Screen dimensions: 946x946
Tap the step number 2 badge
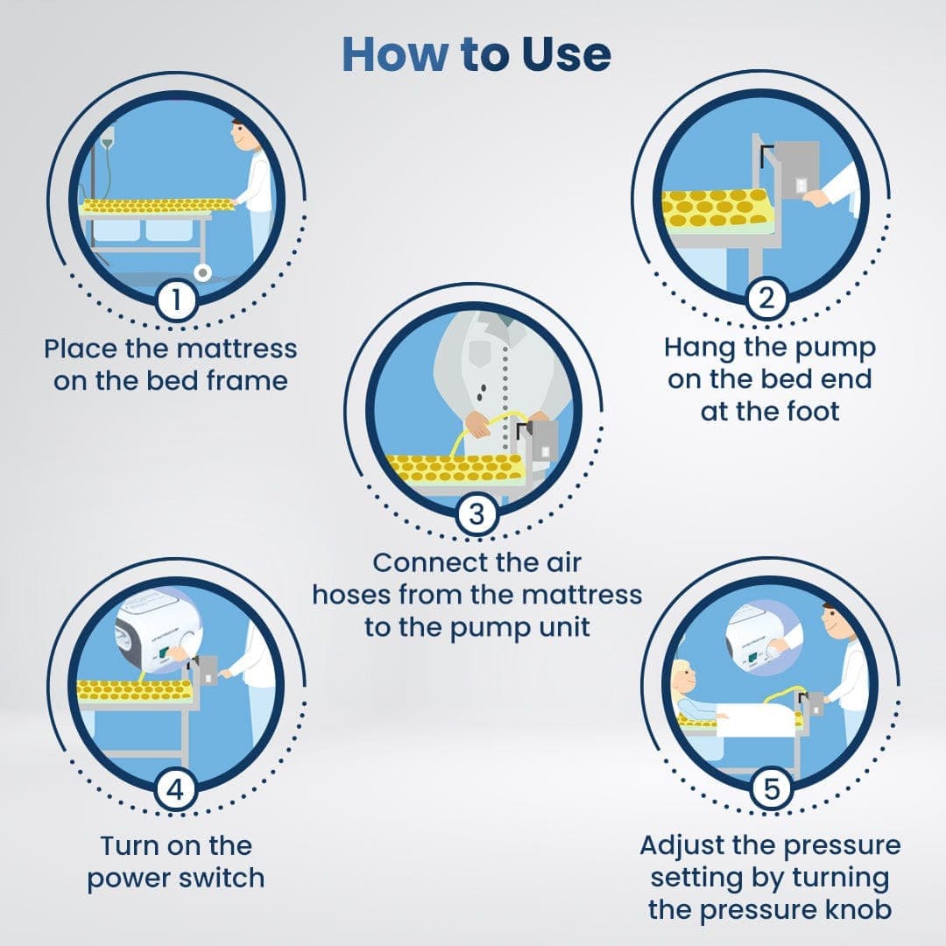pos(766,300)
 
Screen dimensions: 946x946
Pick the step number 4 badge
pos(175,790)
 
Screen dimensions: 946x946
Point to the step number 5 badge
pos(771,790)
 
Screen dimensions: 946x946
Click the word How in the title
pos(394,54)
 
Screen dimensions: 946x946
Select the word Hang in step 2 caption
pos(699,348)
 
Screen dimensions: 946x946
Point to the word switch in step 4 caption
pos(222,878)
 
